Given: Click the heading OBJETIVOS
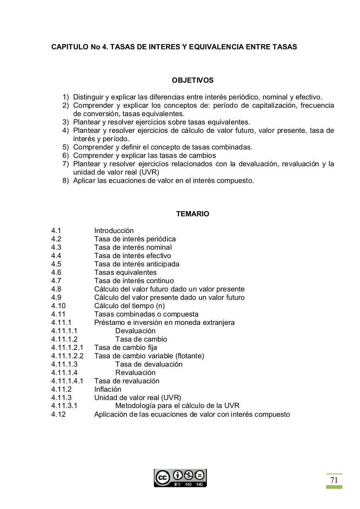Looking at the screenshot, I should click(193, 80).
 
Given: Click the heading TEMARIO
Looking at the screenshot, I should click(193, 214).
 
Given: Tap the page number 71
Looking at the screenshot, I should click(334, 480).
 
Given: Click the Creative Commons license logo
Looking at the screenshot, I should click(180, 478).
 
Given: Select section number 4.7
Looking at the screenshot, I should click(56, 281).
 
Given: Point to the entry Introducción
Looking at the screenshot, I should click(114, 231).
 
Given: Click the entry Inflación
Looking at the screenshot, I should click(107, 389).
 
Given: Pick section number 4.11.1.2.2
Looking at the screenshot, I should click(67, 356).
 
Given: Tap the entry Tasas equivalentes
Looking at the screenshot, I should click(125, 272).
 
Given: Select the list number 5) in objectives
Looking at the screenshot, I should click(66, 147).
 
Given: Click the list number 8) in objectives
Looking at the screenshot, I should click(66, 181).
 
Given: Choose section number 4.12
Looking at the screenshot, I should click(58, 414).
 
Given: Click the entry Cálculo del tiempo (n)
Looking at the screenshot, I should click(129, 306).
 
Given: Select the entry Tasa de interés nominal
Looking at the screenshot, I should click(133, 247).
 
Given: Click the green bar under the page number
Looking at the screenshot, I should click(334, 487).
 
